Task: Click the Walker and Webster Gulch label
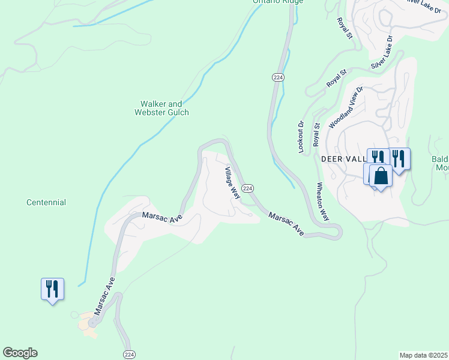coord(161,108)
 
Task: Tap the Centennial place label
coord(46,203)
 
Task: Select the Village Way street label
coord(232,183)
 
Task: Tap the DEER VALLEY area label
coord(343,159)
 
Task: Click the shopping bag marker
coord(381,176)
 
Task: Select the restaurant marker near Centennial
coord(52,289)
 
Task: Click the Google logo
coord(20,353)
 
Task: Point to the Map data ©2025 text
coord(423,355)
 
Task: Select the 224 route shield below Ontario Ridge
coord(278,77)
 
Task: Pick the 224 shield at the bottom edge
coord(129,354)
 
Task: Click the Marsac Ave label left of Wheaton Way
coord(286,223)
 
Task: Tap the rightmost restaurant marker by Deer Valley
coord(399,158)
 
